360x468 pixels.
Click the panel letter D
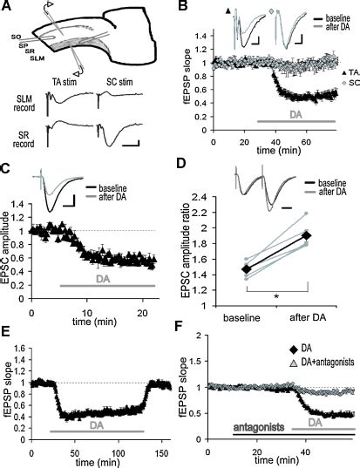coord(187,165)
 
